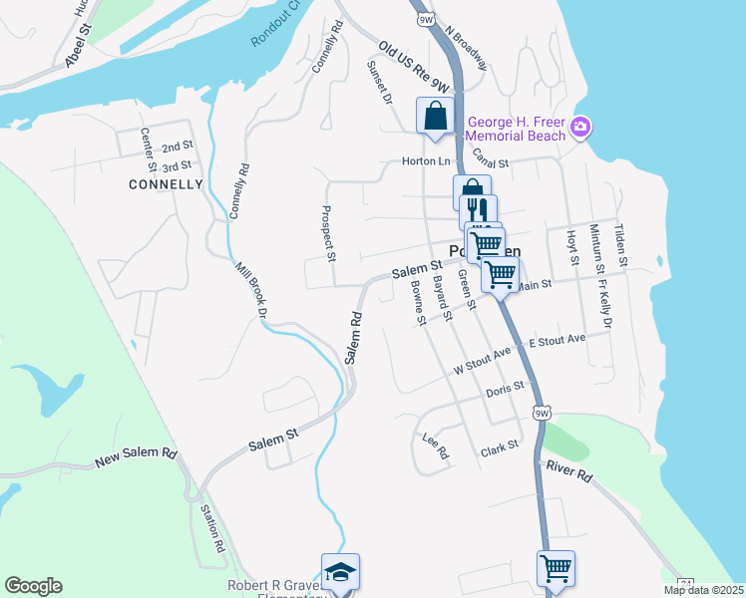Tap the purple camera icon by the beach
581,128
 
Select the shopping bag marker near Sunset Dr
436,117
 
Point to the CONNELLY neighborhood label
166,184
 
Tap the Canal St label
491,162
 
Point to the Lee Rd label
436,446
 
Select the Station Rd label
212,529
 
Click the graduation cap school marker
340,572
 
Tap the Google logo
33,586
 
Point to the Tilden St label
619,245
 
